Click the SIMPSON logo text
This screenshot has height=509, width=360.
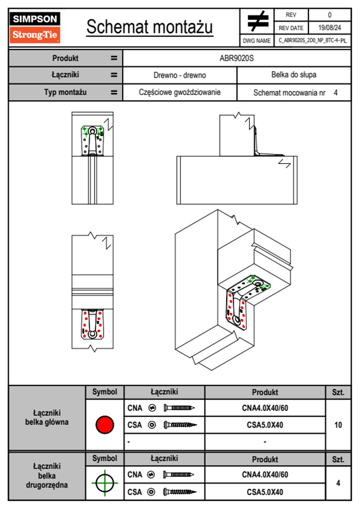pyautogui.click(x=35, y=19)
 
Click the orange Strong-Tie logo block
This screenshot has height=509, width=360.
pyautogui.click(x=35, y=35)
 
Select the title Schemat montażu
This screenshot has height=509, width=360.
pyautogui.click(x=149, y=27)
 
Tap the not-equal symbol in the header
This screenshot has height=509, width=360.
pyautogui.click(x=257, y=21)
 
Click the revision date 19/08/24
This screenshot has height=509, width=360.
pyautogui.click(x=329, y=28)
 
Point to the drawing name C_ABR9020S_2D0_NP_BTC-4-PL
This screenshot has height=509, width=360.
pyautogui.click(x=313, y=41)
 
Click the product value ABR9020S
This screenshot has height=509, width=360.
pyautogui.click(x=237, y=58)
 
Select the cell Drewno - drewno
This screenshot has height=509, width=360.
pyautogui.click(x=180, y=75)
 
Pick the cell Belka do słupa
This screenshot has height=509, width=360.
pyautogui.click(x=294, y=75)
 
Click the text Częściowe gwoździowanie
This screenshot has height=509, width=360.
pyautogui.click(x=180, y=92)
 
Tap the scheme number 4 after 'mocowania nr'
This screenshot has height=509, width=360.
pyautogui.click(x=335, y=93)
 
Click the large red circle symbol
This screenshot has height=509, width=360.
pyautogui.click(x=105, y=425)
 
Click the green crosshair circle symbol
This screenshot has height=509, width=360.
pyautogui.click(x=105, y=483)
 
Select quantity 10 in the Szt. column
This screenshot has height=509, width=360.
pyautogui.click(x=338, y=425)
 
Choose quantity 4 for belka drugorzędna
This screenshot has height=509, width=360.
pyautogui.click(x=338, y=483)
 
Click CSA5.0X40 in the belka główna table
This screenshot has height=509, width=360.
pyautogui.click(x=265, y=425)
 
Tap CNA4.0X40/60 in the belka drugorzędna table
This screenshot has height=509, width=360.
pyautogui.click(x=265, y=475)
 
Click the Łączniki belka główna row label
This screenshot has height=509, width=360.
pyautogui.click(x=47, y=418)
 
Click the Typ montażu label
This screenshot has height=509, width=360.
pyautogui.click(x=65, y=92)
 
